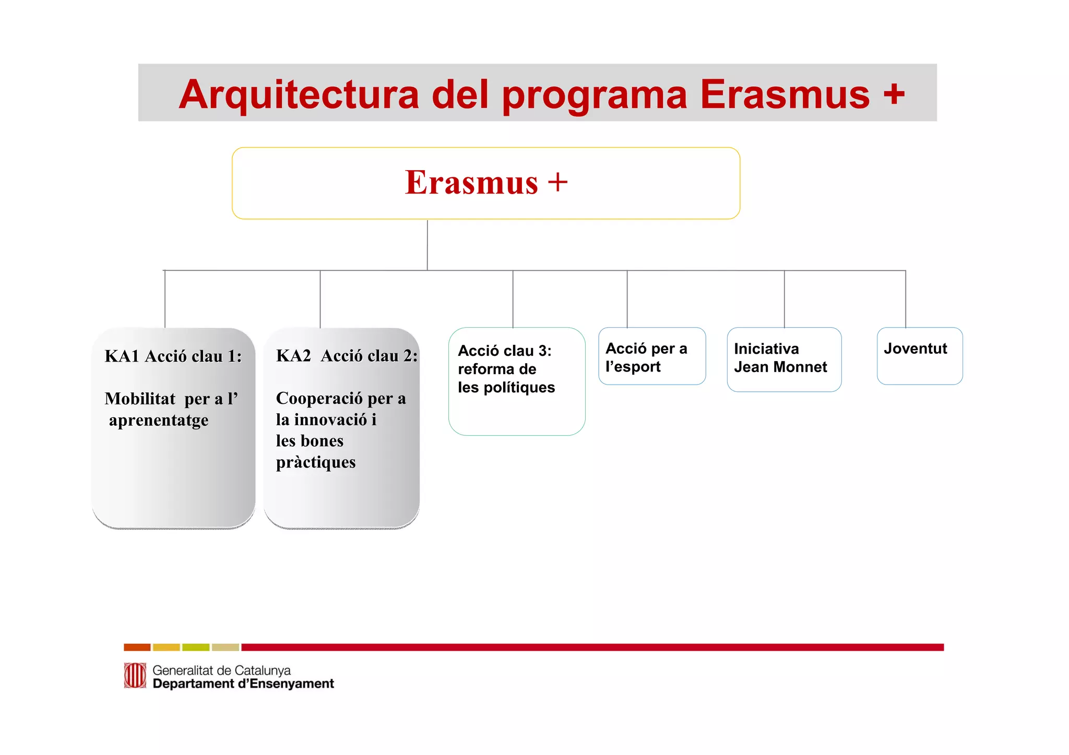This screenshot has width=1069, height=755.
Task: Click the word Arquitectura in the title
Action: (299, 94)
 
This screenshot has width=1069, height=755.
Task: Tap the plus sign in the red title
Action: (894, 94)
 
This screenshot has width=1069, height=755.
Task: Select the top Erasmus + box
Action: (485, 183)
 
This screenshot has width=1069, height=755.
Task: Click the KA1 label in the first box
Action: (122, 356)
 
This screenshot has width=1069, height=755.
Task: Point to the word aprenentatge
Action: (159, 421)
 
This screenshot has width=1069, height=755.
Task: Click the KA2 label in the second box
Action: (293, 356)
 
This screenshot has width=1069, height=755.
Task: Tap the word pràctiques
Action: (316, 462)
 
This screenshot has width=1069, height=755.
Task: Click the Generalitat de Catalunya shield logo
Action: (135, 676)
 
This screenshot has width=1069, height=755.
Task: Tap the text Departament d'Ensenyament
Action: (243, 684)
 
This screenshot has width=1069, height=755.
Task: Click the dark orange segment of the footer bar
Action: (137, 647)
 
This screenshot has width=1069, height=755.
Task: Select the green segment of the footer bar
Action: (196, 647)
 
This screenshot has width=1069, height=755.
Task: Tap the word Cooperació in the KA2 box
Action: (319, 399)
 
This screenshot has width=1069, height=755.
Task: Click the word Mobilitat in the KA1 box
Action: (140, 399)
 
